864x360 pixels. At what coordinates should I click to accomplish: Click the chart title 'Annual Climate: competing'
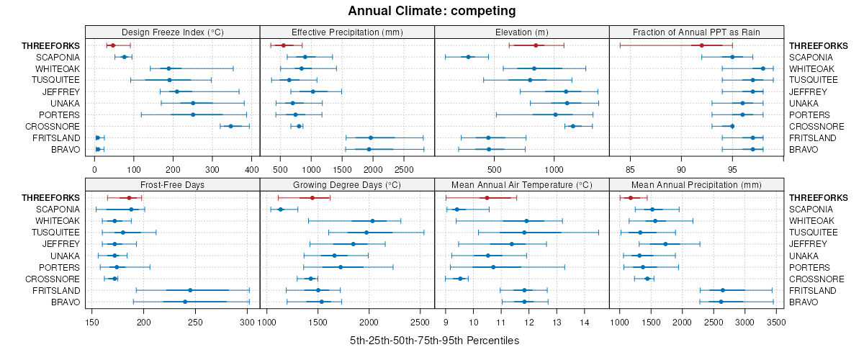(431, 11)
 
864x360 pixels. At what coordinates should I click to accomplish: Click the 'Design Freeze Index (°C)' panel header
(172, 32)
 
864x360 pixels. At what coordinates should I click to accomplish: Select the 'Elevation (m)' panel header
(522, 32)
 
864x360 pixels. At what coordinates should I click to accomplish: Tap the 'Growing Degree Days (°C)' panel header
(347, 185)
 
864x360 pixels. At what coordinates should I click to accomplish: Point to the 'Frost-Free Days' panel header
(172, 185)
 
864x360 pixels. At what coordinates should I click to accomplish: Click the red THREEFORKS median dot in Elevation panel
(536, 45)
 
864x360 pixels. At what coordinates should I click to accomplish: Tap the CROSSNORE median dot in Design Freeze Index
(231, 126)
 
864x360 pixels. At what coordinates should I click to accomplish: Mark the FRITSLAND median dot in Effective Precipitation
(371, 138)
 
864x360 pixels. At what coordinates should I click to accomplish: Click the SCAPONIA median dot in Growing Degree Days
(281, 210)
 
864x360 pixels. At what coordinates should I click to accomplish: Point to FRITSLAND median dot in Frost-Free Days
(190, 290)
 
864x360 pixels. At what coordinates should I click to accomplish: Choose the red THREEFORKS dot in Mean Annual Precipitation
(631, 198)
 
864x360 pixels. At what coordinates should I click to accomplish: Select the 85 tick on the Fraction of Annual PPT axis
(630, 170)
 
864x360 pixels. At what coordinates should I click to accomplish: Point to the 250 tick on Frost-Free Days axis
(196, 323)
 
